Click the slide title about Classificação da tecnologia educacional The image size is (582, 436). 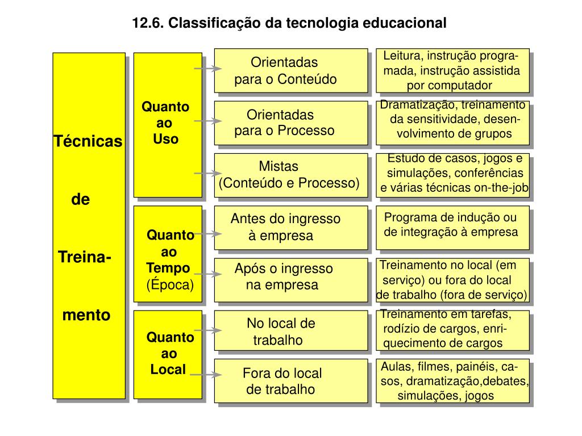290,23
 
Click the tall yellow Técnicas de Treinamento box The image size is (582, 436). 89,226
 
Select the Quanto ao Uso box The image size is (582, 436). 167,125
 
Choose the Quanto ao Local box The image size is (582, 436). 168,354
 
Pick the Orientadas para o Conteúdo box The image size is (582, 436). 290,70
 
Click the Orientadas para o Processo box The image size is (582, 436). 290,123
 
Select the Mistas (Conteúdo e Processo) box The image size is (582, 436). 290,175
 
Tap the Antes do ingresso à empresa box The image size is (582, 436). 290,227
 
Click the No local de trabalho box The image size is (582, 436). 290,332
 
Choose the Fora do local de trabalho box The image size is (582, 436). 290,381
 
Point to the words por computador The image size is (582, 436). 449,86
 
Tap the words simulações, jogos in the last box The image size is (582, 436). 446,396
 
